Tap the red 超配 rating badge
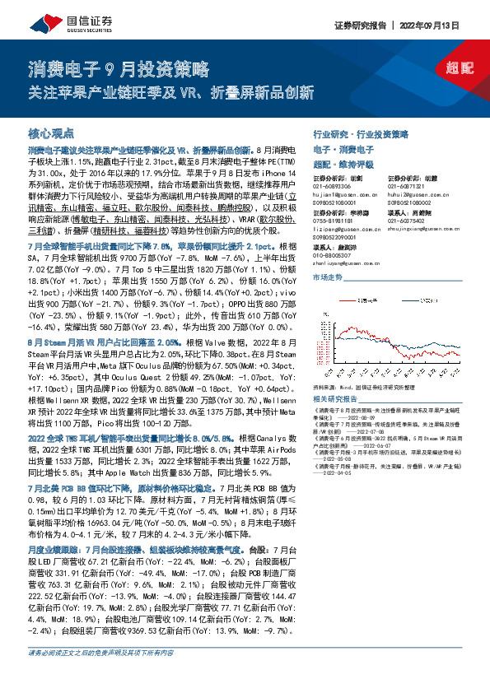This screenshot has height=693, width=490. (x=452, y=70)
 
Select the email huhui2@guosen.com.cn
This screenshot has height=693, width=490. (x=417, y=193)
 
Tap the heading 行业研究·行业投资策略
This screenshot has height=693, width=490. (x=360, y=133)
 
